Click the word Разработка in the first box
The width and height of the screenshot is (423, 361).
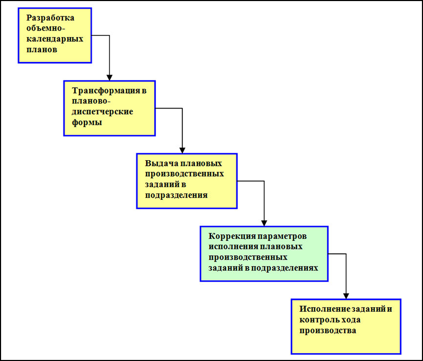(x=50, y=18)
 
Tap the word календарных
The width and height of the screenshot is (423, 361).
(x=55, y=39)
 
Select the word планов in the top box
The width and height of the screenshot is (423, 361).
(x=42, y=50)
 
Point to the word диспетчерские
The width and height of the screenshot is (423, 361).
(x=102, y=112)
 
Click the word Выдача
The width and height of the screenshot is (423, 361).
(x=161, y=163)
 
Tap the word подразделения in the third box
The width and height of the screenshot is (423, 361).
(x=176, y=195)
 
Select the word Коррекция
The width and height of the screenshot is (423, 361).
(x=232, y=236)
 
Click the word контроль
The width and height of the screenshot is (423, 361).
(x=319, y=320)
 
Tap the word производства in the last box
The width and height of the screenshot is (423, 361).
(x=328, y=331)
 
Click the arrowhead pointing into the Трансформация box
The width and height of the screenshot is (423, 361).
(x=109, y=77)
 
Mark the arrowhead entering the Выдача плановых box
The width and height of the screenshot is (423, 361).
(x=182, y=150)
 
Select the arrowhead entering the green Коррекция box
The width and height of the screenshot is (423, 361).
(x=264, y=223)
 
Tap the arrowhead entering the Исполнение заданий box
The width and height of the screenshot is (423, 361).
(x=346, y=296)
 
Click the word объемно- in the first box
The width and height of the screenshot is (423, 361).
(x=45, y=29)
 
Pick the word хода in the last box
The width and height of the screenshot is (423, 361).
(x=351, y=320)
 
